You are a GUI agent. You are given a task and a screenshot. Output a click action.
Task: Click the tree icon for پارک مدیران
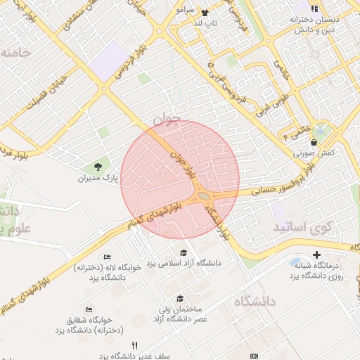[x=98, y=167]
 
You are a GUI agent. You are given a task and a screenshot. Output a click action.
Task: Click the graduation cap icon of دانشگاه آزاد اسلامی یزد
[x=184, y=252]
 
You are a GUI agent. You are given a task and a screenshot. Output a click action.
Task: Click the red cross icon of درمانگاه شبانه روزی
[x=316, y=254]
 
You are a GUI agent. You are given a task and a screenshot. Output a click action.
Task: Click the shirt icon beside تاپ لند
[x=205, y=13]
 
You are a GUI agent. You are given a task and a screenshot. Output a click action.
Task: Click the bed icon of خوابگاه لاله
[x=106, y=257]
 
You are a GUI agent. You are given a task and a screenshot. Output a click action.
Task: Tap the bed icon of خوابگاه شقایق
[x=88, y=309]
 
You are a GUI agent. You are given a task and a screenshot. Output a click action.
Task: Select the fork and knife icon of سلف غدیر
[x=134, y=345]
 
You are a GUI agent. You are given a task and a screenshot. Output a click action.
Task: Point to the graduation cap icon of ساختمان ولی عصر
[x=181, y=298]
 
